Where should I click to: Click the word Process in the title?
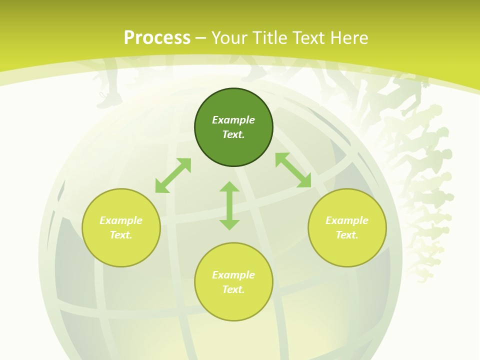(x=157, y=38)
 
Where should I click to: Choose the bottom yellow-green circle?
(x=233, y=305)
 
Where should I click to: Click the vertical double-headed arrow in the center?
(x=229, y=205)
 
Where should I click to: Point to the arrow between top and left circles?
(x=173, y=175)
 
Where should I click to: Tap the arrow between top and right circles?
(x=293, y=170)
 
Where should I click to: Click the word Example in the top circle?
(x=233, y=120)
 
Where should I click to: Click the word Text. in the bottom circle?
(x=233, y=289)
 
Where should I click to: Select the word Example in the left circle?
(x=121, y=220)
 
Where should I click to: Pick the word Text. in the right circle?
(x=347, y=235)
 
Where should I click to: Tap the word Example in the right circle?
(x=347, y=220)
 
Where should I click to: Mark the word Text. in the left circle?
(x=121, y=235)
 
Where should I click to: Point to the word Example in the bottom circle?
(x=233, y=275)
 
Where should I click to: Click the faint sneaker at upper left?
(x=109, y=100)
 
